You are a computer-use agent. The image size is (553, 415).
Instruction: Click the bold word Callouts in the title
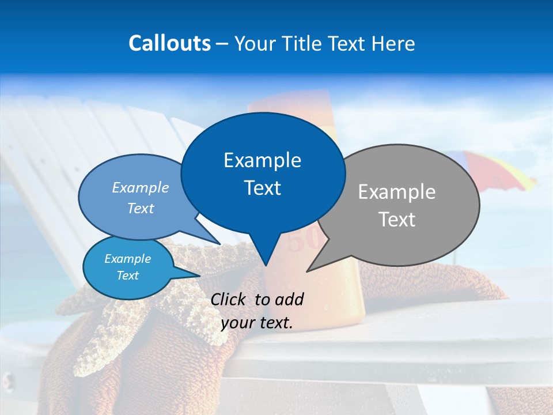[169, 43]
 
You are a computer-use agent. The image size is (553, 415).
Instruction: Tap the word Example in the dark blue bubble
[262, 160]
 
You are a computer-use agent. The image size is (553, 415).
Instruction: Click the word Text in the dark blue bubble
[262, 188]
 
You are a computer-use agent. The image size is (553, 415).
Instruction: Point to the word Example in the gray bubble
[397, 192]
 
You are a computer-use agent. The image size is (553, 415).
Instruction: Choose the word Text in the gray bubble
[397, 220]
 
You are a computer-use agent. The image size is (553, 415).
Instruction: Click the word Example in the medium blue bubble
[141, 187]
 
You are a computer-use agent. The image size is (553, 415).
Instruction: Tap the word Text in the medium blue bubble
[141, 208]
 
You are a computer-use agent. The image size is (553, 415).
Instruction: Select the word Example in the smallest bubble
[127, 259]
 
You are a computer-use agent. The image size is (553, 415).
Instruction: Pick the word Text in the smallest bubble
[127, 276]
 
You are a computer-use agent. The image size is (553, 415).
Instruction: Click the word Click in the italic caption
[229, 299]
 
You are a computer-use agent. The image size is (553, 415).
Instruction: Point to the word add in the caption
[289, 299]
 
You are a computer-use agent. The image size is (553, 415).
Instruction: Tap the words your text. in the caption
[257, 323]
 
